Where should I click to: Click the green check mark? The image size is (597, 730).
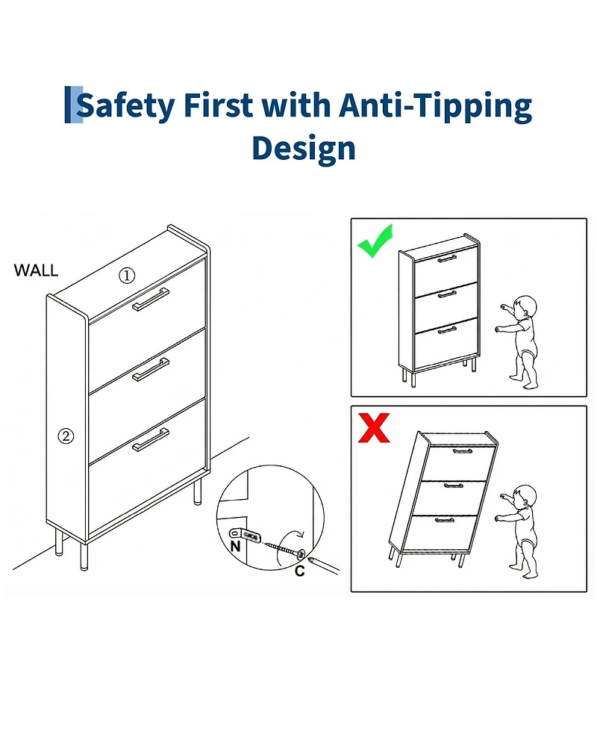click(375, 242)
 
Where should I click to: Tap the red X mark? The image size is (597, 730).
click(374, 428)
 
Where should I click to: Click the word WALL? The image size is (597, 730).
click(37, 270)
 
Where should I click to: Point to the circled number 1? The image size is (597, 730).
click(127, 276)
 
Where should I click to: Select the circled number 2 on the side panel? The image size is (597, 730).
click(66, 436)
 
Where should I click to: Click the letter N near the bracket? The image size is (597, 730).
click(236, 546)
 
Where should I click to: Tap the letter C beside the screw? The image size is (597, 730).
click(300, 571)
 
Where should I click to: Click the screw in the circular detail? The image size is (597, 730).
click(284, 548)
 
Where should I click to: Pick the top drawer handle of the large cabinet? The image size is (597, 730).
click(151, 300)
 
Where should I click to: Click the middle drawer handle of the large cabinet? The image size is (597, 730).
click(151, 370)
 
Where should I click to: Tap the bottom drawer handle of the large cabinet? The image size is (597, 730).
click(151, 440)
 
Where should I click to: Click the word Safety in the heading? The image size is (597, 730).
click(125, 105)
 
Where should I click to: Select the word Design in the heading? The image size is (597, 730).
click(304, 149)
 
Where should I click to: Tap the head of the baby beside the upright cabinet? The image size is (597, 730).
click(525, 306)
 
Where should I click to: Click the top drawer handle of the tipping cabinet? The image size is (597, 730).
click(463, 451)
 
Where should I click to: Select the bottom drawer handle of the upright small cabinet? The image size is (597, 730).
click(447, 330)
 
